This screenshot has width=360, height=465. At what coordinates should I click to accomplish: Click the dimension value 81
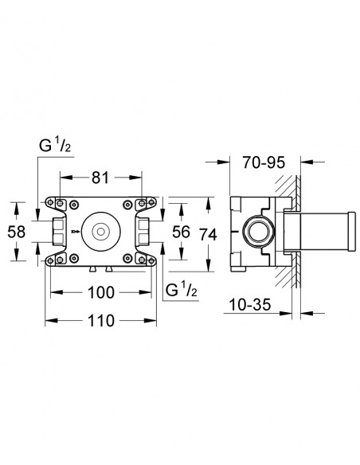click(x=100, y=178)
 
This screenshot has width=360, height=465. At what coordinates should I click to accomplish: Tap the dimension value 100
click(x=101, y=292)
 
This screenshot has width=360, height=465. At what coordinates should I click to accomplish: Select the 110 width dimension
click(x=101, y=321)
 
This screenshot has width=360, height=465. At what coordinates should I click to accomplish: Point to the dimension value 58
click(x=16, y=232)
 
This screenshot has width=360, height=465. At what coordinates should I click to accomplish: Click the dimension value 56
click(x=181, y=232)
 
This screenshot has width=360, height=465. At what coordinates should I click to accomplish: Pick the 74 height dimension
click(x=208, y=234)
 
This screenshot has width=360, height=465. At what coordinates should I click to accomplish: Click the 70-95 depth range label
click(x=264, y=162)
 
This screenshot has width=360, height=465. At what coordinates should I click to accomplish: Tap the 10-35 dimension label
click(x=250, y=305)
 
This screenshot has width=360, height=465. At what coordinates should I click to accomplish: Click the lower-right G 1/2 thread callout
click(x=181, y=290)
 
